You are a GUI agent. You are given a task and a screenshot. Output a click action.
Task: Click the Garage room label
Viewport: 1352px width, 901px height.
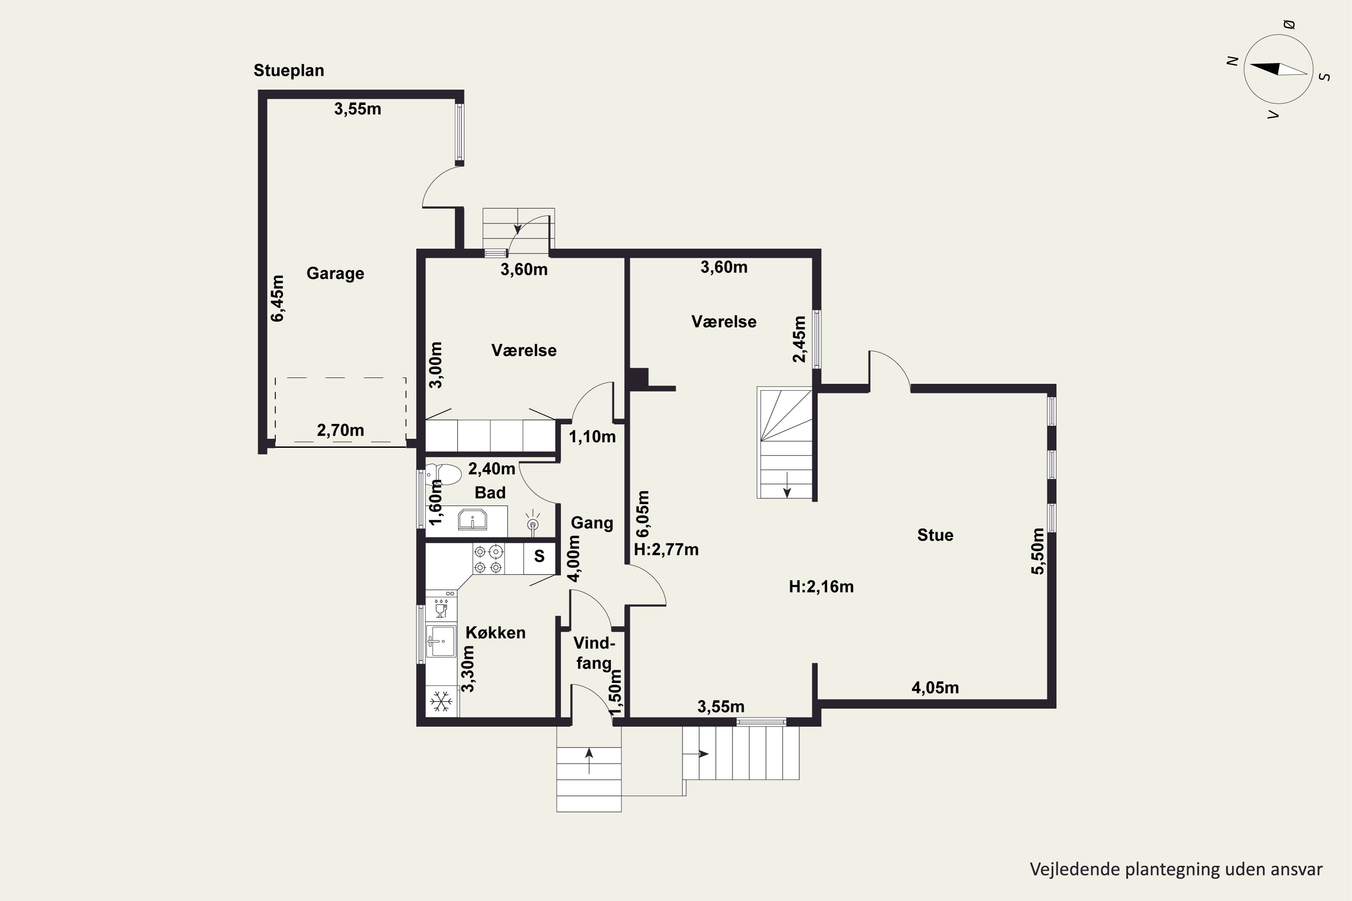[x=335, y=273]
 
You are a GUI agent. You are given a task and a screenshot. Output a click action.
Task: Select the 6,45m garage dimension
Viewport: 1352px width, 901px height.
[x=278, y=298]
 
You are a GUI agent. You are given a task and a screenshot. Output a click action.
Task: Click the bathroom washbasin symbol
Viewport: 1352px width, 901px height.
[x=472, y=519]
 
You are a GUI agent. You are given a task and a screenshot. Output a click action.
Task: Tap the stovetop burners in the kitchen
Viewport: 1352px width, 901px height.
[x=489, y=559]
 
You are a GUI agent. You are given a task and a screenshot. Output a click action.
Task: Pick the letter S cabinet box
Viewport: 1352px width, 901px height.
[x=539, y=556]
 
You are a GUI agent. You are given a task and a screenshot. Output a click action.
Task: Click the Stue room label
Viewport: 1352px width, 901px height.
[x=935, y=535]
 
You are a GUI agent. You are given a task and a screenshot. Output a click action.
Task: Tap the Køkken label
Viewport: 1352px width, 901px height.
[x=495, y=633]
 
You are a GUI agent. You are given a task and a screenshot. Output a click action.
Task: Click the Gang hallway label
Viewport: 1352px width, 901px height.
[x=592, y=523]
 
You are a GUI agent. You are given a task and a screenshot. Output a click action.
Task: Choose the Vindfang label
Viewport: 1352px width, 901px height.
[x=594, y=653]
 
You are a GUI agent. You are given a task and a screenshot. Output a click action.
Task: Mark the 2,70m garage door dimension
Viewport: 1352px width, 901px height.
[x=340, y=430]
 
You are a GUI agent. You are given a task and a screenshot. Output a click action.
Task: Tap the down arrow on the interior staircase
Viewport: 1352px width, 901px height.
[x=787, y=484]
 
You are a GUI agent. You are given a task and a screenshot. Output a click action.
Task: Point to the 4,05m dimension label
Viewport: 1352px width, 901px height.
[x=935, y=687]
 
